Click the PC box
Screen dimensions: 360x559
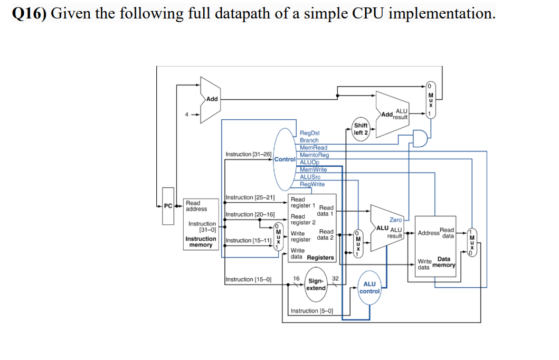click(x=168, y=206)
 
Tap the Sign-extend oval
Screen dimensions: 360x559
click(x=316, y=285)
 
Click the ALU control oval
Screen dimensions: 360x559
click(x=369, y=288)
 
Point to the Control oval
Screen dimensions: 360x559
click(x=285, y=159)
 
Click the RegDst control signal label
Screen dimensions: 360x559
click(x=309, y=133)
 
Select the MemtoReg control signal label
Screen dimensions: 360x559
click(x=314, y=155)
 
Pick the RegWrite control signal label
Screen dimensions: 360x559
click(x=312, y=184)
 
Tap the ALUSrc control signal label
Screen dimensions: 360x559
click(x=310, y=177)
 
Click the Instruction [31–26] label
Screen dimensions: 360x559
click(x=248, y=154)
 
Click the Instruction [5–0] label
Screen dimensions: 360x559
click(x=311, y=311)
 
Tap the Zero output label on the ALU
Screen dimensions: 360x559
click(x=395, y=220)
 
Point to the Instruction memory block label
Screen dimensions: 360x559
click(x=201, y=242)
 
